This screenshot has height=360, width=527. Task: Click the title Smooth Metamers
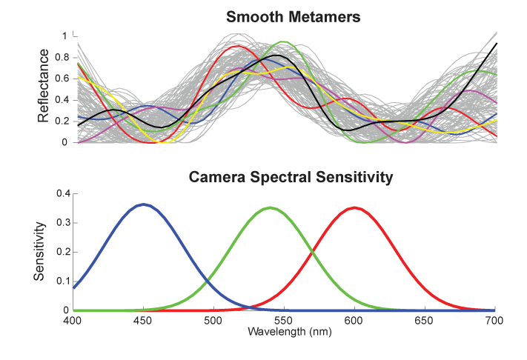[285, 16]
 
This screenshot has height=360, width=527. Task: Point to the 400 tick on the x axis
[73, 321]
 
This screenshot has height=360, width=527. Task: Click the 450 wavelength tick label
[143, 321]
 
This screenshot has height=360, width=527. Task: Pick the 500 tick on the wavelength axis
[213, 321]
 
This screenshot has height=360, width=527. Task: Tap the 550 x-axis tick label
[284, 321]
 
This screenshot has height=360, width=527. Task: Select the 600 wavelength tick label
[354, 321]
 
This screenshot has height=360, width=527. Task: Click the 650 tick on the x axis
[425, 321]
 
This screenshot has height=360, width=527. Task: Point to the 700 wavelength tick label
[494, 321]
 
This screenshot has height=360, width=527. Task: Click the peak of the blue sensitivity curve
[143, 204]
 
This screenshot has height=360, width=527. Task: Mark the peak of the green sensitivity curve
[271, 207]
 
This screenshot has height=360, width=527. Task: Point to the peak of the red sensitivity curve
[355, 207]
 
